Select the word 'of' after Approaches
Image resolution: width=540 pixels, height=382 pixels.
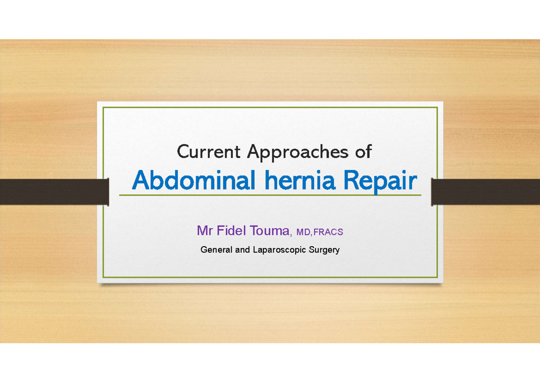pyautogui.click(x=363, y=152)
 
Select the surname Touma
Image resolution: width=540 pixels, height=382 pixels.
pyautogui.click(x=268, y=231)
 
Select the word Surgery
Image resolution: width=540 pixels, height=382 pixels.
pyautogui.click(x=324, y=250)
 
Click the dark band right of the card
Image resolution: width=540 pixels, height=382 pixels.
pyautogui.click(x=486, y=191)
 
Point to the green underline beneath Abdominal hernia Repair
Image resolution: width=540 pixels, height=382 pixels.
pyautogui.click(x=270, y=195)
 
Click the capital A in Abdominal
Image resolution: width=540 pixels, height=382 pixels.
pyautogui.click(x=140, y=182)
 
